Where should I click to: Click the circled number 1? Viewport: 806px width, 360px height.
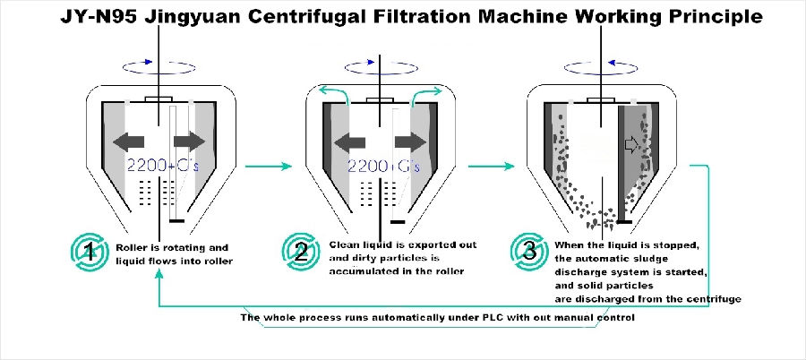click(88, 251)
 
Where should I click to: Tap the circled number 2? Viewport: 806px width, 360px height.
click(304, 251)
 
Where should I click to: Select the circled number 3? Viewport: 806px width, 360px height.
click(530, 251)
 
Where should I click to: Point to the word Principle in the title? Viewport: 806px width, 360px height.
click(710, 17)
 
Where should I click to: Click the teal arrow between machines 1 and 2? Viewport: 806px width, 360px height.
click(270, 165)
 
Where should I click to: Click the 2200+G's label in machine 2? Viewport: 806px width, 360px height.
click(382, 165)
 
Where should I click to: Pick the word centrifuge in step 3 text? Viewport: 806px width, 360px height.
click(713, 298)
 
